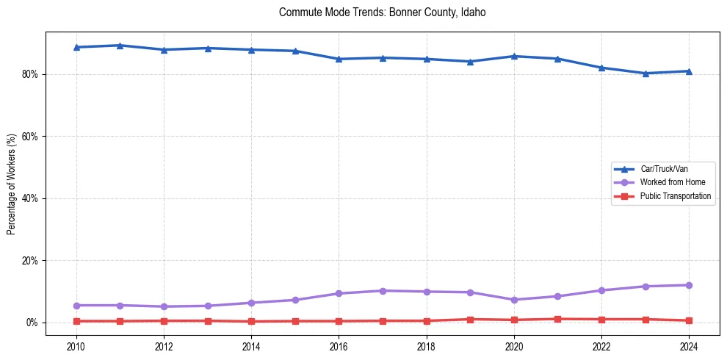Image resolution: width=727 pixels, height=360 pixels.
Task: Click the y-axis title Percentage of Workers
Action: (12, 184)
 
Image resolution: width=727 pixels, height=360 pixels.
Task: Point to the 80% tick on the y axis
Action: (32, 74)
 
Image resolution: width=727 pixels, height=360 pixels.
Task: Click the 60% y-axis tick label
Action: (32, 137)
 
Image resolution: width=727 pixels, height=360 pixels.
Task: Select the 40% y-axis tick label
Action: (32, 198)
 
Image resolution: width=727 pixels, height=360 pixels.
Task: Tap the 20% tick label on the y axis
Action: (32, 261)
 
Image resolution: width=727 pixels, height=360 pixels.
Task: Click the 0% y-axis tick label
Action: (34, 323)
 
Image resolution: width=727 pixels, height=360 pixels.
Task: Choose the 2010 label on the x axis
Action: (76, 346)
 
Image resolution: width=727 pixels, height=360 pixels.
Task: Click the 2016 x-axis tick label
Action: (339, 346)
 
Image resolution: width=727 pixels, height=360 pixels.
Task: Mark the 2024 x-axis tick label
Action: (689, 346)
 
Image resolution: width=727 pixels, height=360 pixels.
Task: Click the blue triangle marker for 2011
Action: (120, 46)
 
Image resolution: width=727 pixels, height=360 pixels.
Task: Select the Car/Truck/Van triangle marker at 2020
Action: (514, 56)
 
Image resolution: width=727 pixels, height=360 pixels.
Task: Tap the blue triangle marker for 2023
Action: (645, 73)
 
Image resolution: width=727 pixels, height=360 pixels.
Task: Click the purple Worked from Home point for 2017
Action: (383, 291)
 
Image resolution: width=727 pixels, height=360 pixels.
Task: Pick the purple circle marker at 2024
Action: (689, 285)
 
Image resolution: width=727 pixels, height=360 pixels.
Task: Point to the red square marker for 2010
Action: (76, 321)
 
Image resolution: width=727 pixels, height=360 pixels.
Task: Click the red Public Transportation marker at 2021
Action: (557, 319)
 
